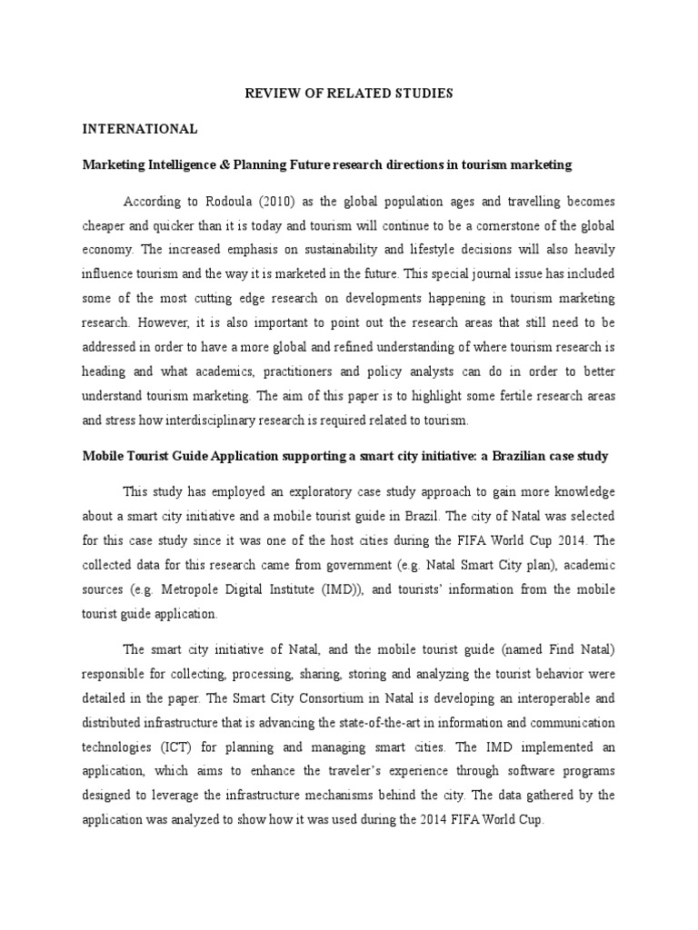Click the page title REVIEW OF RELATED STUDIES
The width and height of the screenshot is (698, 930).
click(350, 94)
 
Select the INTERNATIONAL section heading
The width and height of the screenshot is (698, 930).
click(140, 129)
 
